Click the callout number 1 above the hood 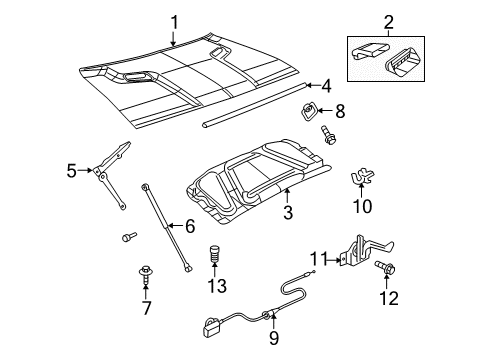(x=174, y=21)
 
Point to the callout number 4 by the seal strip (x=326, y=86)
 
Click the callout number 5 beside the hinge (x=72, y=171)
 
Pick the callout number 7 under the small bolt (x=147, y=306)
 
